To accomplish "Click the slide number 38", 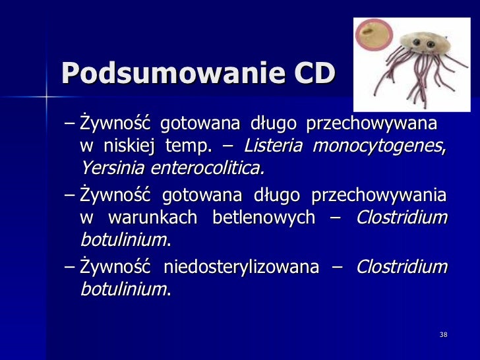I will tap(443, 336).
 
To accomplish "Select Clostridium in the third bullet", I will tap(402, 267).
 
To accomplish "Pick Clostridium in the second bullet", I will tap(402, 218).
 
